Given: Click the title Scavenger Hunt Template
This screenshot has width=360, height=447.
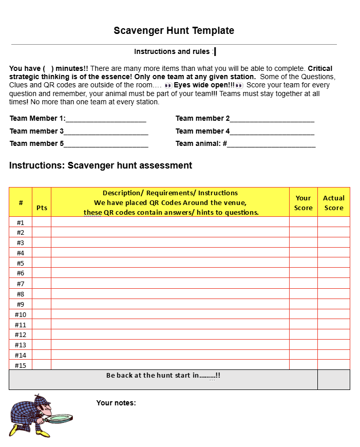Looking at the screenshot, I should click(x=174, y=31).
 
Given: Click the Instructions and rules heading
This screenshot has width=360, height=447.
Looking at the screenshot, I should click(x=172, y=51).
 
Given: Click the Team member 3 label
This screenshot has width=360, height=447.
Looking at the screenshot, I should click(x=36, y=131).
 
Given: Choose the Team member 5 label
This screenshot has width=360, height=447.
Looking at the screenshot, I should click(x=36, y=143).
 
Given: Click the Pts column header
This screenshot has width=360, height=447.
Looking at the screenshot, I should click(x=42, y=208).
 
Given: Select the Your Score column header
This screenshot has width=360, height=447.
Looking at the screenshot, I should click(x=303, y=202).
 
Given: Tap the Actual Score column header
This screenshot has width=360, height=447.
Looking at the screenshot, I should click(x=334, y=202).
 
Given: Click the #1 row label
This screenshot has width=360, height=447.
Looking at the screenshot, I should click(x=21, y=222).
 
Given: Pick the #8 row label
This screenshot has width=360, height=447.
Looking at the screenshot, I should click(x=21, y=294).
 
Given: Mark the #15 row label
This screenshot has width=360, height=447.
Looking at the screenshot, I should click(x=21, y=365).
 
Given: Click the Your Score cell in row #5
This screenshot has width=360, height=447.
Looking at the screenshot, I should click(x=303, y=263).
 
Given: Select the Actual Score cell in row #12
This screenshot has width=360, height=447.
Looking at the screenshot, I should click(x=334, y=334).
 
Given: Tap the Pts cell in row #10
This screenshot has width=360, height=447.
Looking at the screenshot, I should click(x=42, y=314).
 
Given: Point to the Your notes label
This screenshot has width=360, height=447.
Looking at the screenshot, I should click(x=116, y=403).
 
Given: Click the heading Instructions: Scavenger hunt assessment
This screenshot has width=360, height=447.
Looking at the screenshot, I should click(x=101, y=165).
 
